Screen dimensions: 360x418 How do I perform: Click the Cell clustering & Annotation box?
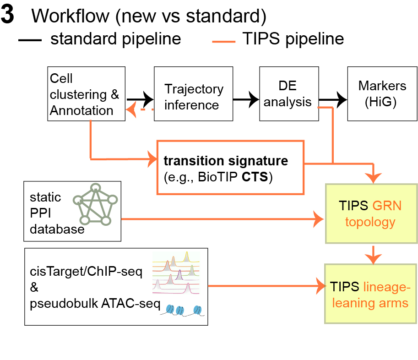pos(86,94)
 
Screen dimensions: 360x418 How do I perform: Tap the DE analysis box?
pos(289,94)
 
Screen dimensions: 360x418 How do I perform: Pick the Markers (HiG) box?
pos(376,94)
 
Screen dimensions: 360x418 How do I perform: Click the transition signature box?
pos(230,167)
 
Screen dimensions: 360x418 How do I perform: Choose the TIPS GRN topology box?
pos(371,213)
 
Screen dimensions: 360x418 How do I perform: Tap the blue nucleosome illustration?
pos(183,310)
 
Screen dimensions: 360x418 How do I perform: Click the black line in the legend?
pos(30,41)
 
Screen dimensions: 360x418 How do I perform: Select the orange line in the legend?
pos(224,41)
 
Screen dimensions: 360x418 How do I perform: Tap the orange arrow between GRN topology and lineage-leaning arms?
pos(374,254)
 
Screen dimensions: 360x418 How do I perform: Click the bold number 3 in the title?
pos(8,16)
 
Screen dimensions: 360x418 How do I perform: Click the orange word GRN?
pos(386,205)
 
